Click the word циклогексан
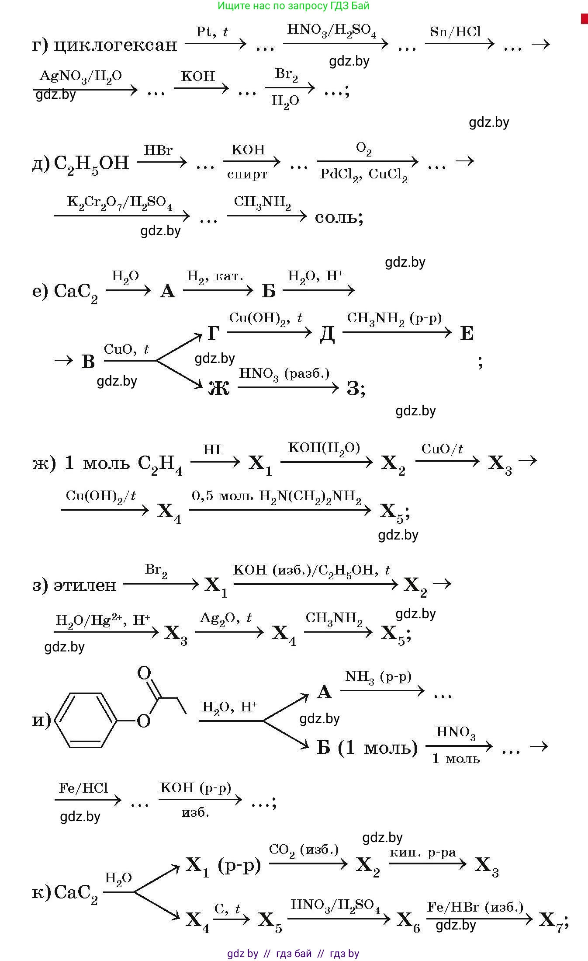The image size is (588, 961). (115, 45)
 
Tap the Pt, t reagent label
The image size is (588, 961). (212, 31)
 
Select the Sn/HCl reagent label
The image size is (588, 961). (455, 31)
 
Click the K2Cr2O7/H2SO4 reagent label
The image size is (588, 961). (120, 203)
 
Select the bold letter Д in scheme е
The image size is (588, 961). (327, 334)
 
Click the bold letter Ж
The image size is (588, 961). (219, 387)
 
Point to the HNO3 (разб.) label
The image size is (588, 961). (284, 374)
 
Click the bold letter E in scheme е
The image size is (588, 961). (467, 334)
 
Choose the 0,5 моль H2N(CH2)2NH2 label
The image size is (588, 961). (277, 497)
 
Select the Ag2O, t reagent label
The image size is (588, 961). (225, 618)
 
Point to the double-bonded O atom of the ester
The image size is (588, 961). (144, 673)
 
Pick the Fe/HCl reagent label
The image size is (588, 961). (83, 788)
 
